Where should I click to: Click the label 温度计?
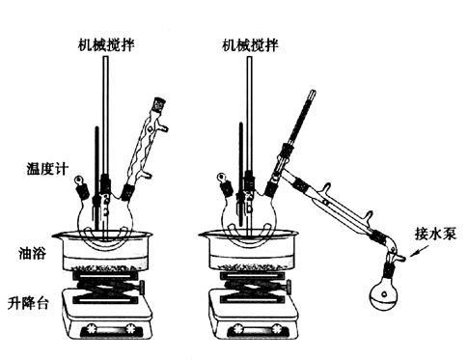(x=47, y=169)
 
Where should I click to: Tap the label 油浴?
(x=32, y=253)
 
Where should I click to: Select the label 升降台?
(x=28, y=303)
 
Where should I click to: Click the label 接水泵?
(x=435, y=234)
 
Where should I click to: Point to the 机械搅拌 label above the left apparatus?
(x=106, y=45)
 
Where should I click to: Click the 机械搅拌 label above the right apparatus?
(x=250, y=45)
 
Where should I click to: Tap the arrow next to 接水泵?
(x=419, y=251)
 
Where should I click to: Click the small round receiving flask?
(x=384, y=294)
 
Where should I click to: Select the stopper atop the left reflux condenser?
(x=159, y=104)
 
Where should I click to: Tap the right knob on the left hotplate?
(x=131, y=329)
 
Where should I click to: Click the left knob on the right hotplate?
(x=238, y=329)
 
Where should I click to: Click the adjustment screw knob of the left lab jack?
(x=142, y=287)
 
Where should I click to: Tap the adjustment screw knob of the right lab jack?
(x=289, y=286)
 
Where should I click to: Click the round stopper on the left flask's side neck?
(x=78, y=180)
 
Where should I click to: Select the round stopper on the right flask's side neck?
(x=221, y=178)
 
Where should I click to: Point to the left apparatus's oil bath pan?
(x=104, y=252)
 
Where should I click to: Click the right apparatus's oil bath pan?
(x=250, y=252)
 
